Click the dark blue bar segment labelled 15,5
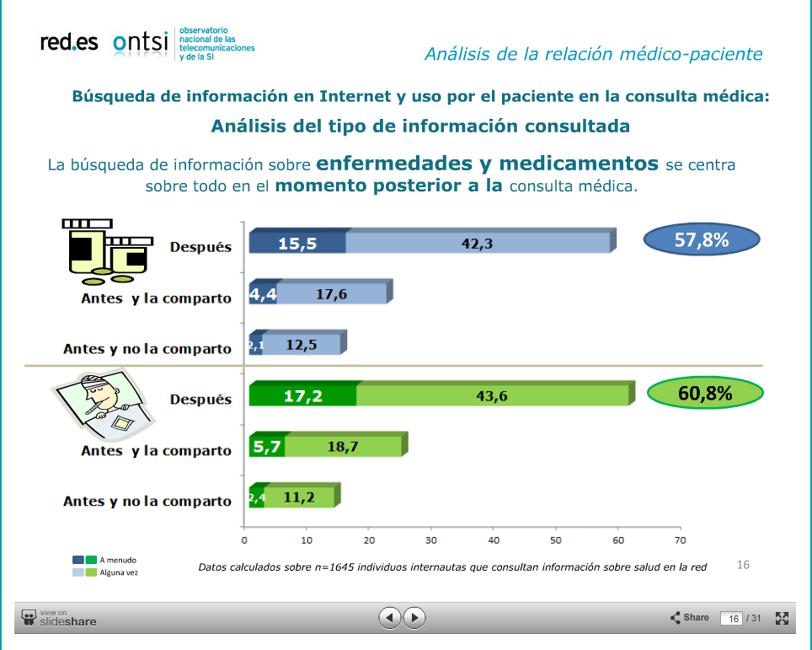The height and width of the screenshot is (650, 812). click(x=299, y=244)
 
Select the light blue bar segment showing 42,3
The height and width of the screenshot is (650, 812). click(x=477, y=244)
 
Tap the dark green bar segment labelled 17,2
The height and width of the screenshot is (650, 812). click(x=303, y=395)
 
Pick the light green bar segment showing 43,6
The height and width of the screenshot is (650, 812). click(x=491, y=395)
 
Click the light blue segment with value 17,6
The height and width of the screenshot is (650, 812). click(x=332, y=294)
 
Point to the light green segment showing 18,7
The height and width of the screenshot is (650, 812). click(x=343, y=446)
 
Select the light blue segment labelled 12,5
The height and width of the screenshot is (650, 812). click(x=301, y=344)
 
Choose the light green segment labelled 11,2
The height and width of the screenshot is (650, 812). click(x=299, y=497)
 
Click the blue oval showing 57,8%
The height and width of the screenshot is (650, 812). click(x=702, y=240)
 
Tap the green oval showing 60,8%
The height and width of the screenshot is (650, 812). click(x=704, y=393)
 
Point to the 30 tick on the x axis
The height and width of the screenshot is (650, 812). click(x=431, y=540)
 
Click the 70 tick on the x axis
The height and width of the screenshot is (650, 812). click(x=681, y=540)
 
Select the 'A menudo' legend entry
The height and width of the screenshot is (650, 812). click(x=104, y=560)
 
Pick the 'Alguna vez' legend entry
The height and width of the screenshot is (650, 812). click(x=105, y=572)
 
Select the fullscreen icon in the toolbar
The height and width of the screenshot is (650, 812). click(x=781, y=618)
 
